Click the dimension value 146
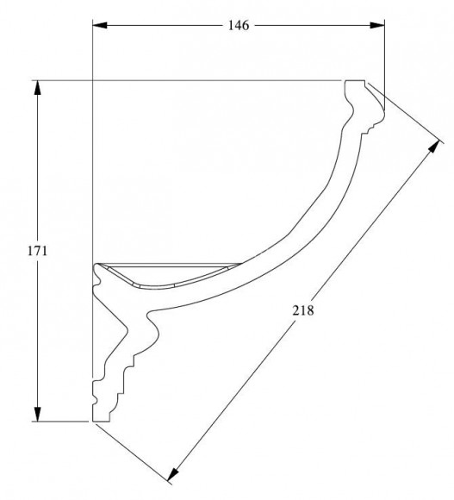click(x=239, y=25)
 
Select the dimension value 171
click(x=37, y=251)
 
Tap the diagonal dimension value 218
click(x=303, y=310)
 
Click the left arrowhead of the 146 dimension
click(x=100, y=25)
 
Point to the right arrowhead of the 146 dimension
click(x=377, y=25)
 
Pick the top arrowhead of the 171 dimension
click(x=38, y=88)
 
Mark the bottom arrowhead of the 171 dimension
click(x=38, y=414)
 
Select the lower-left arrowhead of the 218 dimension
click(x=172, y=474)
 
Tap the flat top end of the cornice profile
click(x=355, y=80)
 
